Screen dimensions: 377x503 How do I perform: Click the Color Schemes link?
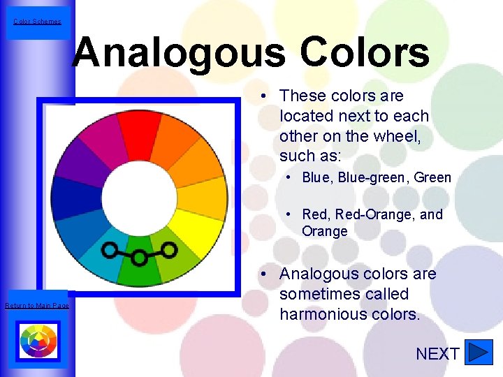[37, 21]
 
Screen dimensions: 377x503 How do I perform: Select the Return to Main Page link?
[37, 306]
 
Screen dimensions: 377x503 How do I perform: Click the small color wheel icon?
[38, 341]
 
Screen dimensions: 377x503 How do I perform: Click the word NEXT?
[437, 354]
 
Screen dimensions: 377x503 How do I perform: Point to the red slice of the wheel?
[139, 126]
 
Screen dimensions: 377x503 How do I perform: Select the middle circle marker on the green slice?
[140, 258]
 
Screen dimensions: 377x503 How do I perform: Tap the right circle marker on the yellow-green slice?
[170, 248]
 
